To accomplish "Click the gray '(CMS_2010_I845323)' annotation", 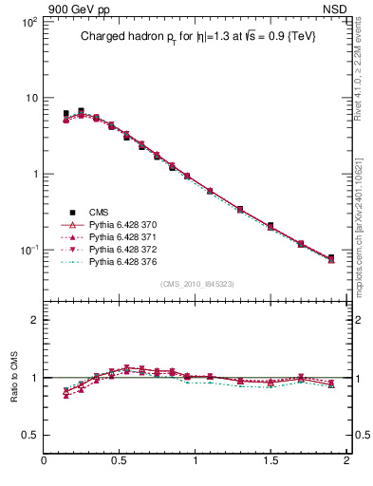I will (196, 283).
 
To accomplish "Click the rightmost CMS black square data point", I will (331, 257).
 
